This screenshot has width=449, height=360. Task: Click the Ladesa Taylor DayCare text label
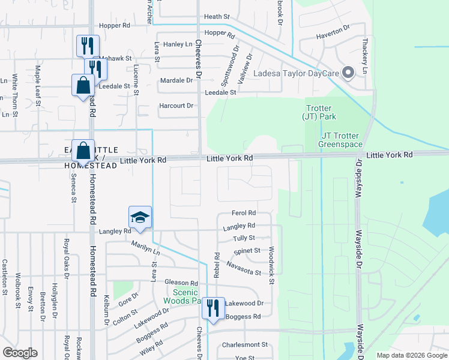coord(296,73)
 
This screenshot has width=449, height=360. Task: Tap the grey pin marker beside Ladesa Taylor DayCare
coord(348,73)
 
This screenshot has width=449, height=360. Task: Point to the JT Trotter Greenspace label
coord(340,140)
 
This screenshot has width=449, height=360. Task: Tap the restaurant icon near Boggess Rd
coord(213,309)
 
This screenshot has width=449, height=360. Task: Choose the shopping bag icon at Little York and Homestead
coord(84,152)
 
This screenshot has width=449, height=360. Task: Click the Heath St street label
coord(217,17)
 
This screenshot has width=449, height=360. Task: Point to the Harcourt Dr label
coord(176,106)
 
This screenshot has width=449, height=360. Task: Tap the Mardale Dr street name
coord(176,80)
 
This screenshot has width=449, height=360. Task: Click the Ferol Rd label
coord(244,213)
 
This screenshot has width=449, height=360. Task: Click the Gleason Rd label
coord(181,283)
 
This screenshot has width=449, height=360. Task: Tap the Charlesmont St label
coord(244,344)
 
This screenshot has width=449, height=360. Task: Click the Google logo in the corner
coord(20,353)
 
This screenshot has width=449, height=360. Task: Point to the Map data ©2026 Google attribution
coord(411,355)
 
